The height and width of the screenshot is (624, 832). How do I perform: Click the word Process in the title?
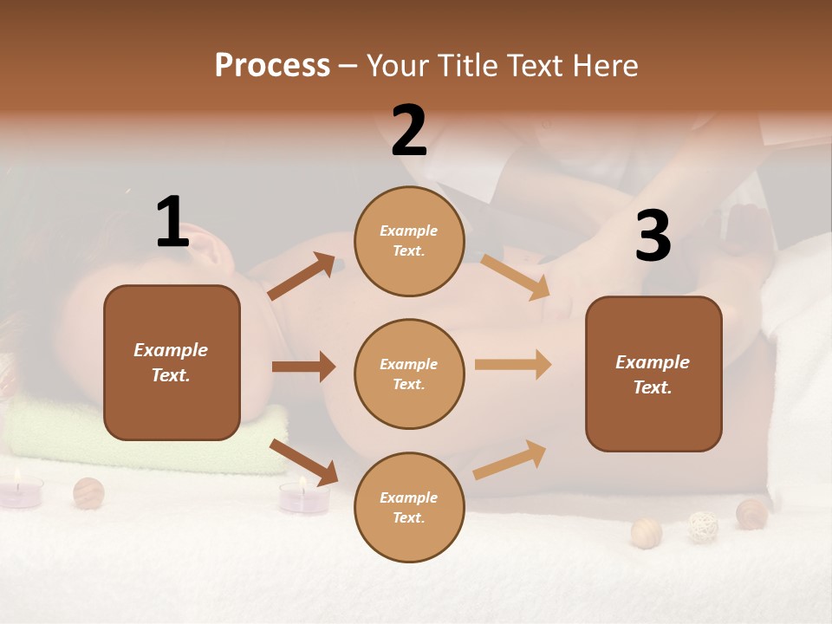[272, 66]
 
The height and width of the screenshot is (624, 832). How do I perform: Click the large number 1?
[172, 223]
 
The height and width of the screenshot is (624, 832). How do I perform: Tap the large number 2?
[409, 131]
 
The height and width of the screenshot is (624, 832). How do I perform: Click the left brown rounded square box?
[172, 362]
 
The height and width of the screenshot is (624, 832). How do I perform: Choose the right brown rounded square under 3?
[653, 374]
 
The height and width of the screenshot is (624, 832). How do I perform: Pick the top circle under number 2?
[409, 240]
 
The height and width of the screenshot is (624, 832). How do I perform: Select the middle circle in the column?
[409, 374]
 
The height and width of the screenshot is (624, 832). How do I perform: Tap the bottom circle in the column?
[409, 507]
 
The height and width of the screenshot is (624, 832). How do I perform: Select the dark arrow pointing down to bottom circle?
[304, 462]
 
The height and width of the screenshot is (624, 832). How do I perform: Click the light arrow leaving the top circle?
[515, 276]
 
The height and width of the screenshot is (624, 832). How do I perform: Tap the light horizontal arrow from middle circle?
[513, 365]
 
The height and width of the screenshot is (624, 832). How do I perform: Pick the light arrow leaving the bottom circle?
[510, 460]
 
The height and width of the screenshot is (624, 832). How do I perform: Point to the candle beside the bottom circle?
[304, 497]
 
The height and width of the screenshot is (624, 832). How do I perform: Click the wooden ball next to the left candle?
[88, 492]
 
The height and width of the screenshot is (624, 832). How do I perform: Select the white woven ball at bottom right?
[703, 527]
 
